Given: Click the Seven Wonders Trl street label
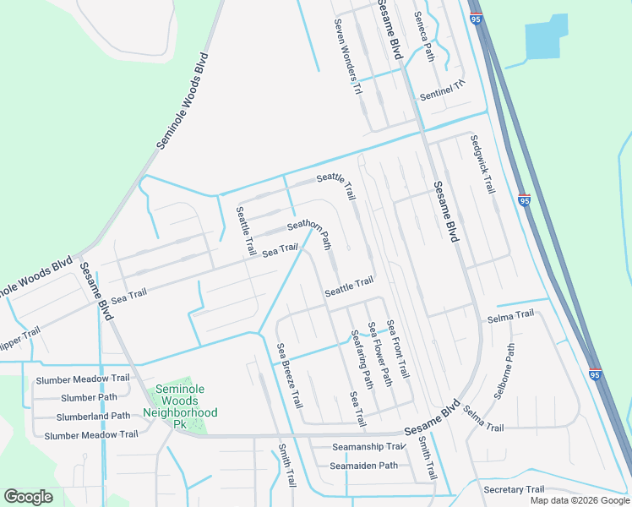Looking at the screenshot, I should [x=347, y=57].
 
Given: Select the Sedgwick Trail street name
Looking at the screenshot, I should [x=482, y=165].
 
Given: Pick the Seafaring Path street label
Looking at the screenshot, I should [x=362, y=358].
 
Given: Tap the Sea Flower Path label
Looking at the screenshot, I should [x=379, y=353].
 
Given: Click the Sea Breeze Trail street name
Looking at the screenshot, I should [x=289, y=375].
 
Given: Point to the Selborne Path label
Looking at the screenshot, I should [x=504, y=372].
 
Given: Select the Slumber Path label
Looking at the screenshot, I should [x=89, y=397].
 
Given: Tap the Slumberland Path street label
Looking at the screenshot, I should [x=93, y=416].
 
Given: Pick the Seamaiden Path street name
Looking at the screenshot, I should [x=363, y=466].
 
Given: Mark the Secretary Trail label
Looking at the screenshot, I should [x=514, y=489].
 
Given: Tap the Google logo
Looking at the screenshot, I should [x=29, y=497].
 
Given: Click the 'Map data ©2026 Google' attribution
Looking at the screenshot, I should [x=580, y=500].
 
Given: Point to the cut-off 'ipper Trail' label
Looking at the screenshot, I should [x=19, y=333].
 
